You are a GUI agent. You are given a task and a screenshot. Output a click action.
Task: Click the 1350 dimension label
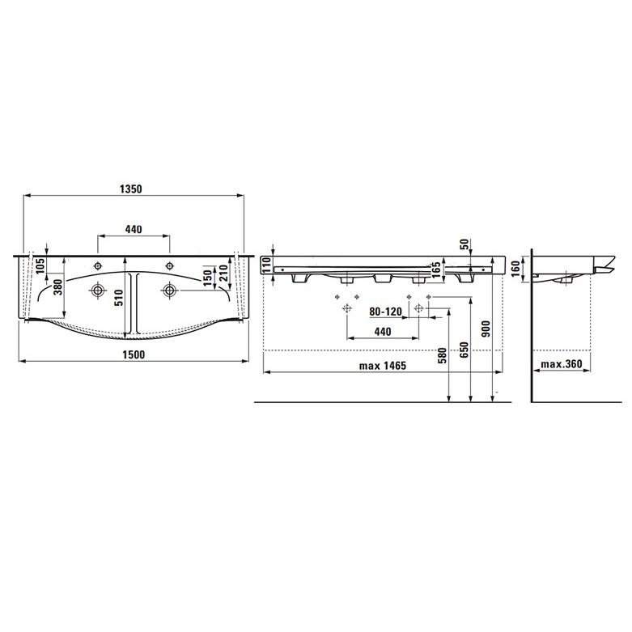[x=131, y=189]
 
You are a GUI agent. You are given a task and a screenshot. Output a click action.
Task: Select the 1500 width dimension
[x=134, y=354]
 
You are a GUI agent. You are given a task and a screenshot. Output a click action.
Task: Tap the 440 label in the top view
[x=134, y=229]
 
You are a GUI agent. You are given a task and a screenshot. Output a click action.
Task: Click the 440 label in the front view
[x=383, y=332]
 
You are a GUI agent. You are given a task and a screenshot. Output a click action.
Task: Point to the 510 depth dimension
[x=119, y=298]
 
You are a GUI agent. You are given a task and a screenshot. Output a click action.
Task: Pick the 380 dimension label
[x=59, y=287]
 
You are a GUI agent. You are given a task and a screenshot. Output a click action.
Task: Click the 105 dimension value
[x=40, y=266]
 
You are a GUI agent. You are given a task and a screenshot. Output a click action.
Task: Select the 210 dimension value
[x=223, y=273]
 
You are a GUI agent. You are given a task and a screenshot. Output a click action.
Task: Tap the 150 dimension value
[x=207, y=278]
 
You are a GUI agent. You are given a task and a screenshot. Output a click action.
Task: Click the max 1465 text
[x=383, y=366]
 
